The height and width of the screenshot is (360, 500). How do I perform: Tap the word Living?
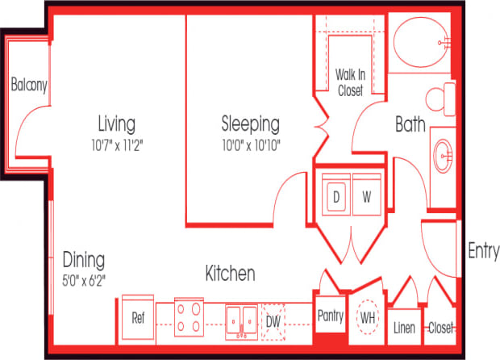116,124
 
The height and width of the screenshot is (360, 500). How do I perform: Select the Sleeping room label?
251,124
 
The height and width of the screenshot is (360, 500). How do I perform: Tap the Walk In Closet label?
350,82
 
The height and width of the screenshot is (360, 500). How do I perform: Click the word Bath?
410,125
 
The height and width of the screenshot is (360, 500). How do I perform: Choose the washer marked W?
365,196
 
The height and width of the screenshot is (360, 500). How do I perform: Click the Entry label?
483,252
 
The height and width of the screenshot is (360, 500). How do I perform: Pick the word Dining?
84,261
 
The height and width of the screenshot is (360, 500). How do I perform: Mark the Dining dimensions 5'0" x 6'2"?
85,280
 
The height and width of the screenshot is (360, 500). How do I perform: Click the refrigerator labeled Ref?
139,317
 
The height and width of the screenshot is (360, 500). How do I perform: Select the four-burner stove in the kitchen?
190,317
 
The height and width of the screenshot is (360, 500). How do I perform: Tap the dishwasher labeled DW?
273,320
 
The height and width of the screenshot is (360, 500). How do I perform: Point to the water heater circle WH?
369,317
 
